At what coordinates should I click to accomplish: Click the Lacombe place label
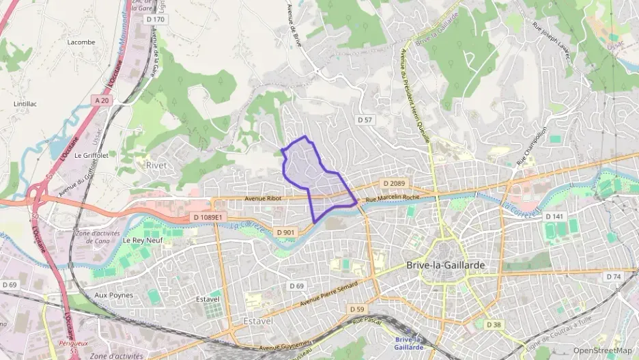(81, 42)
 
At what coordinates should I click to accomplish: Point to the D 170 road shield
(156, 19)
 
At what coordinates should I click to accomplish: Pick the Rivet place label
(156, 165)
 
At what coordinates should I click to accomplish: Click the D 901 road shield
(286, 232)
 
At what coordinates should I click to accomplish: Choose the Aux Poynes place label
(114, 295)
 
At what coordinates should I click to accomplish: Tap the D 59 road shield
(356, 309)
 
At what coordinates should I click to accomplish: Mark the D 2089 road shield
(394, 183)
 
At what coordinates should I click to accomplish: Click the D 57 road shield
(366, 120)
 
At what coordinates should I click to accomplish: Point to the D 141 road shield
(554, 217)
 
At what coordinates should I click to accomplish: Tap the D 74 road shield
(613, 277)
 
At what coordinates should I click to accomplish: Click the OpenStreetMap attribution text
(603, 351)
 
